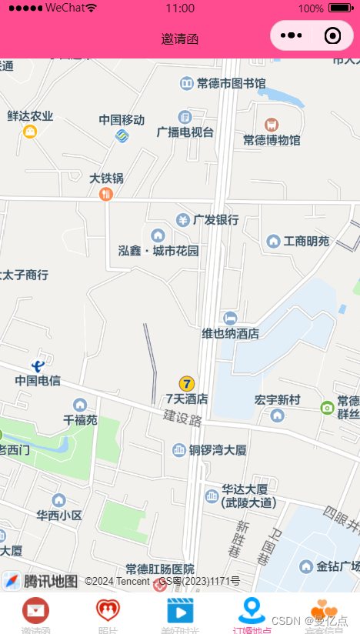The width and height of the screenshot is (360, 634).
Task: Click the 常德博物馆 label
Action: pyautogui.click(x=272, y=140)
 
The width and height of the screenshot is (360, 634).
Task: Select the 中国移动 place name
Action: pyautogui.click(x=122, y=120)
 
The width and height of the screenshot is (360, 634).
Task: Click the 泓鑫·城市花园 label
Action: pyautogui.click(x=158, y=251)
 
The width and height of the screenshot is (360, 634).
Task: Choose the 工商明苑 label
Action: pyautogui.click(x=306, y=242)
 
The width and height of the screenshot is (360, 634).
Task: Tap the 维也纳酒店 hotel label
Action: pyautogui.click(x=230, y=333)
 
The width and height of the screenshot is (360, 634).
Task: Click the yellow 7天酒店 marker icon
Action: pyautogui.click(x=187, y=383)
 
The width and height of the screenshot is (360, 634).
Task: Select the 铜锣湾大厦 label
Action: pyautogui.click(x=218, y=450)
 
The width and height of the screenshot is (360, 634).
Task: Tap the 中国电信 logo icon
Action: pyautogui.click(x=38, y=365)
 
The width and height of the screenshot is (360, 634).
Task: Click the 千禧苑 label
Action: pyautogui.click(x=81, y=420)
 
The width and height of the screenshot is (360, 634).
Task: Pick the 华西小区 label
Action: pyautogui.click(x=59, y=515)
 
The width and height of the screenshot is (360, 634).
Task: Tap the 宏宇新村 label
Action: pyautogui.click(x=277, y=400)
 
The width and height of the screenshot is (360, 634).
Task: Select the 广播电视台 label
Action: pyautogui.click(x=185, y=132)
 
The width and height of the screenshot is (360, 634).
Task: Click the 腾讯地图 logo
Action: pyautogui.click(x=40, y=581)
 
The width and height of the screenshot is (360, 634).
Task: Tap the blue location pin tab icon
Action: pyautogui.click(x=252, y=610)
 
